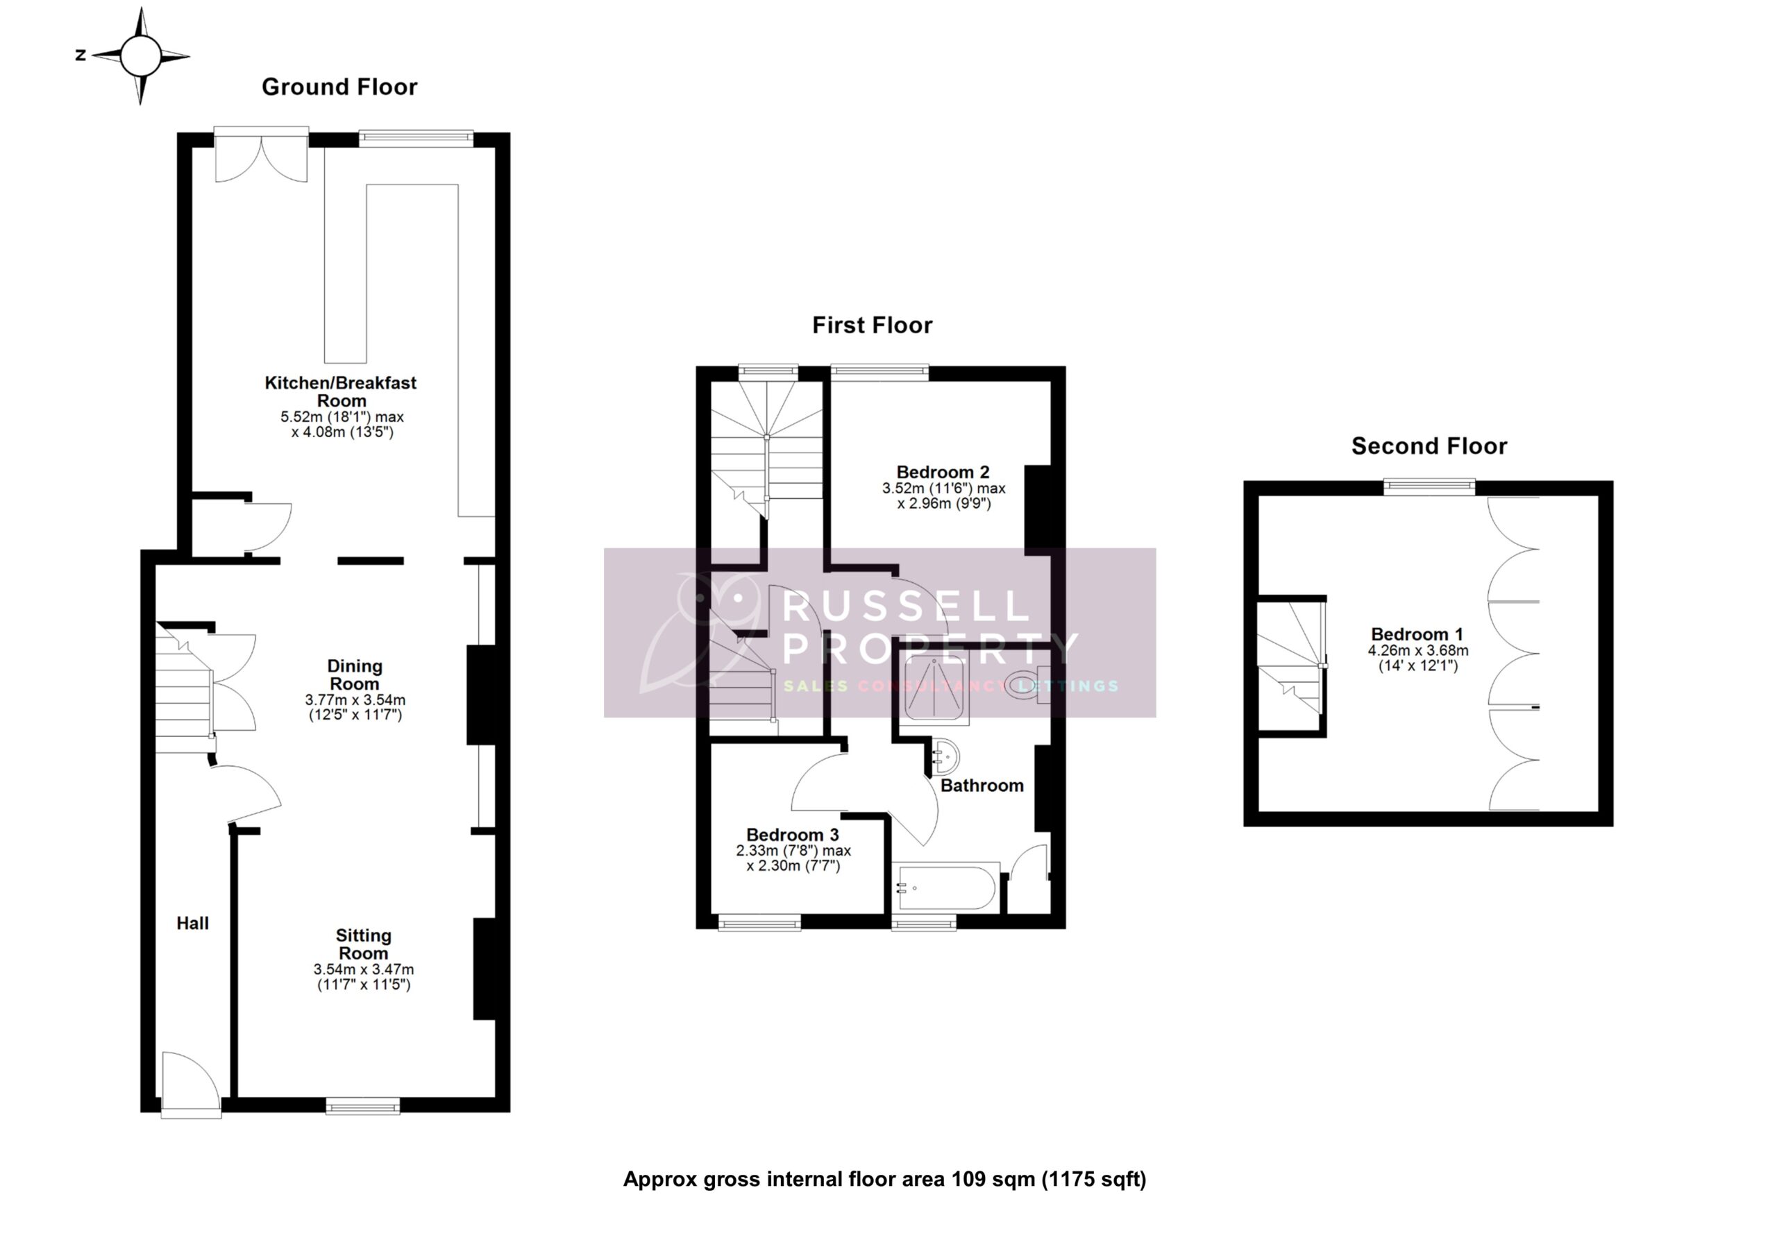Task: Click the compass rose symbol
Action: (x=140, y=56)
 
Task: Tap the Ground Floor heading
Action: (x=339, y=87)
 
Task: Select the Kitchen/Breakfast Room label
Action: (x=341, y=391)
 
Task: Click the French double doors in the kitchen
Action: (x=262, y=159)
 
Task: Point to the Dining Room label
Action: (x=355, y=674)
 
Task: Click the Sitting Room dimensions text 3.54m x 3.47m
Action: (x=363, y=969)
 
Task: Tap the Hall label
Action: (x=192, y=922)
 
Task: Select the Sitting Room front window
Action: (x=363, y=1108)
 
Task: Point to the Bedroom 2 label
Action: (x=942, y=471)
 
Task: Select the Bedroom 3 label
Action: (x=792, y=834)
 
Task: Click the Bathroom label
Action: (x=982, y=786)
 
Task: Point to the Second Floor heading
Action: (x=1429, y=445)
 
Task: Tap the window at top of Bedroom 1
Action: (x=1429, y=486)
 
